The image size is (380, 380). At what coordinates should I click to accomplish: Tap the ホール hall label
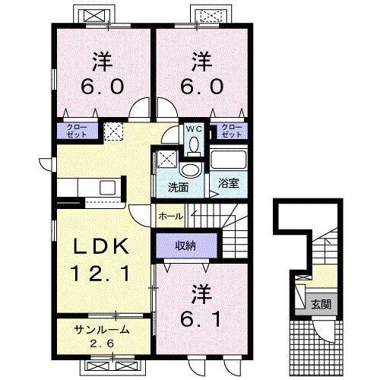169,217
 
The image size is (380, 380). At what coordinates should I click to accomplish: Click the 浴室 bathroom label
228,182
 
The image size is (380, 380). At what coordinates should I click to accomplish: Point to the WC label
193,128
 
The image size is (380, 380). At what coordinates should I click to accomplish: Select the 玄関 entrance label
321,304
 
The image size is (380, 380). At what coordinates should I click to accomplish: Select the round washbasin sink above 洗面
191,169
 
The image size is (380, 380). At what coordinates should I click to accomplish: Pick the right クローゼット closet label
232,130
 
